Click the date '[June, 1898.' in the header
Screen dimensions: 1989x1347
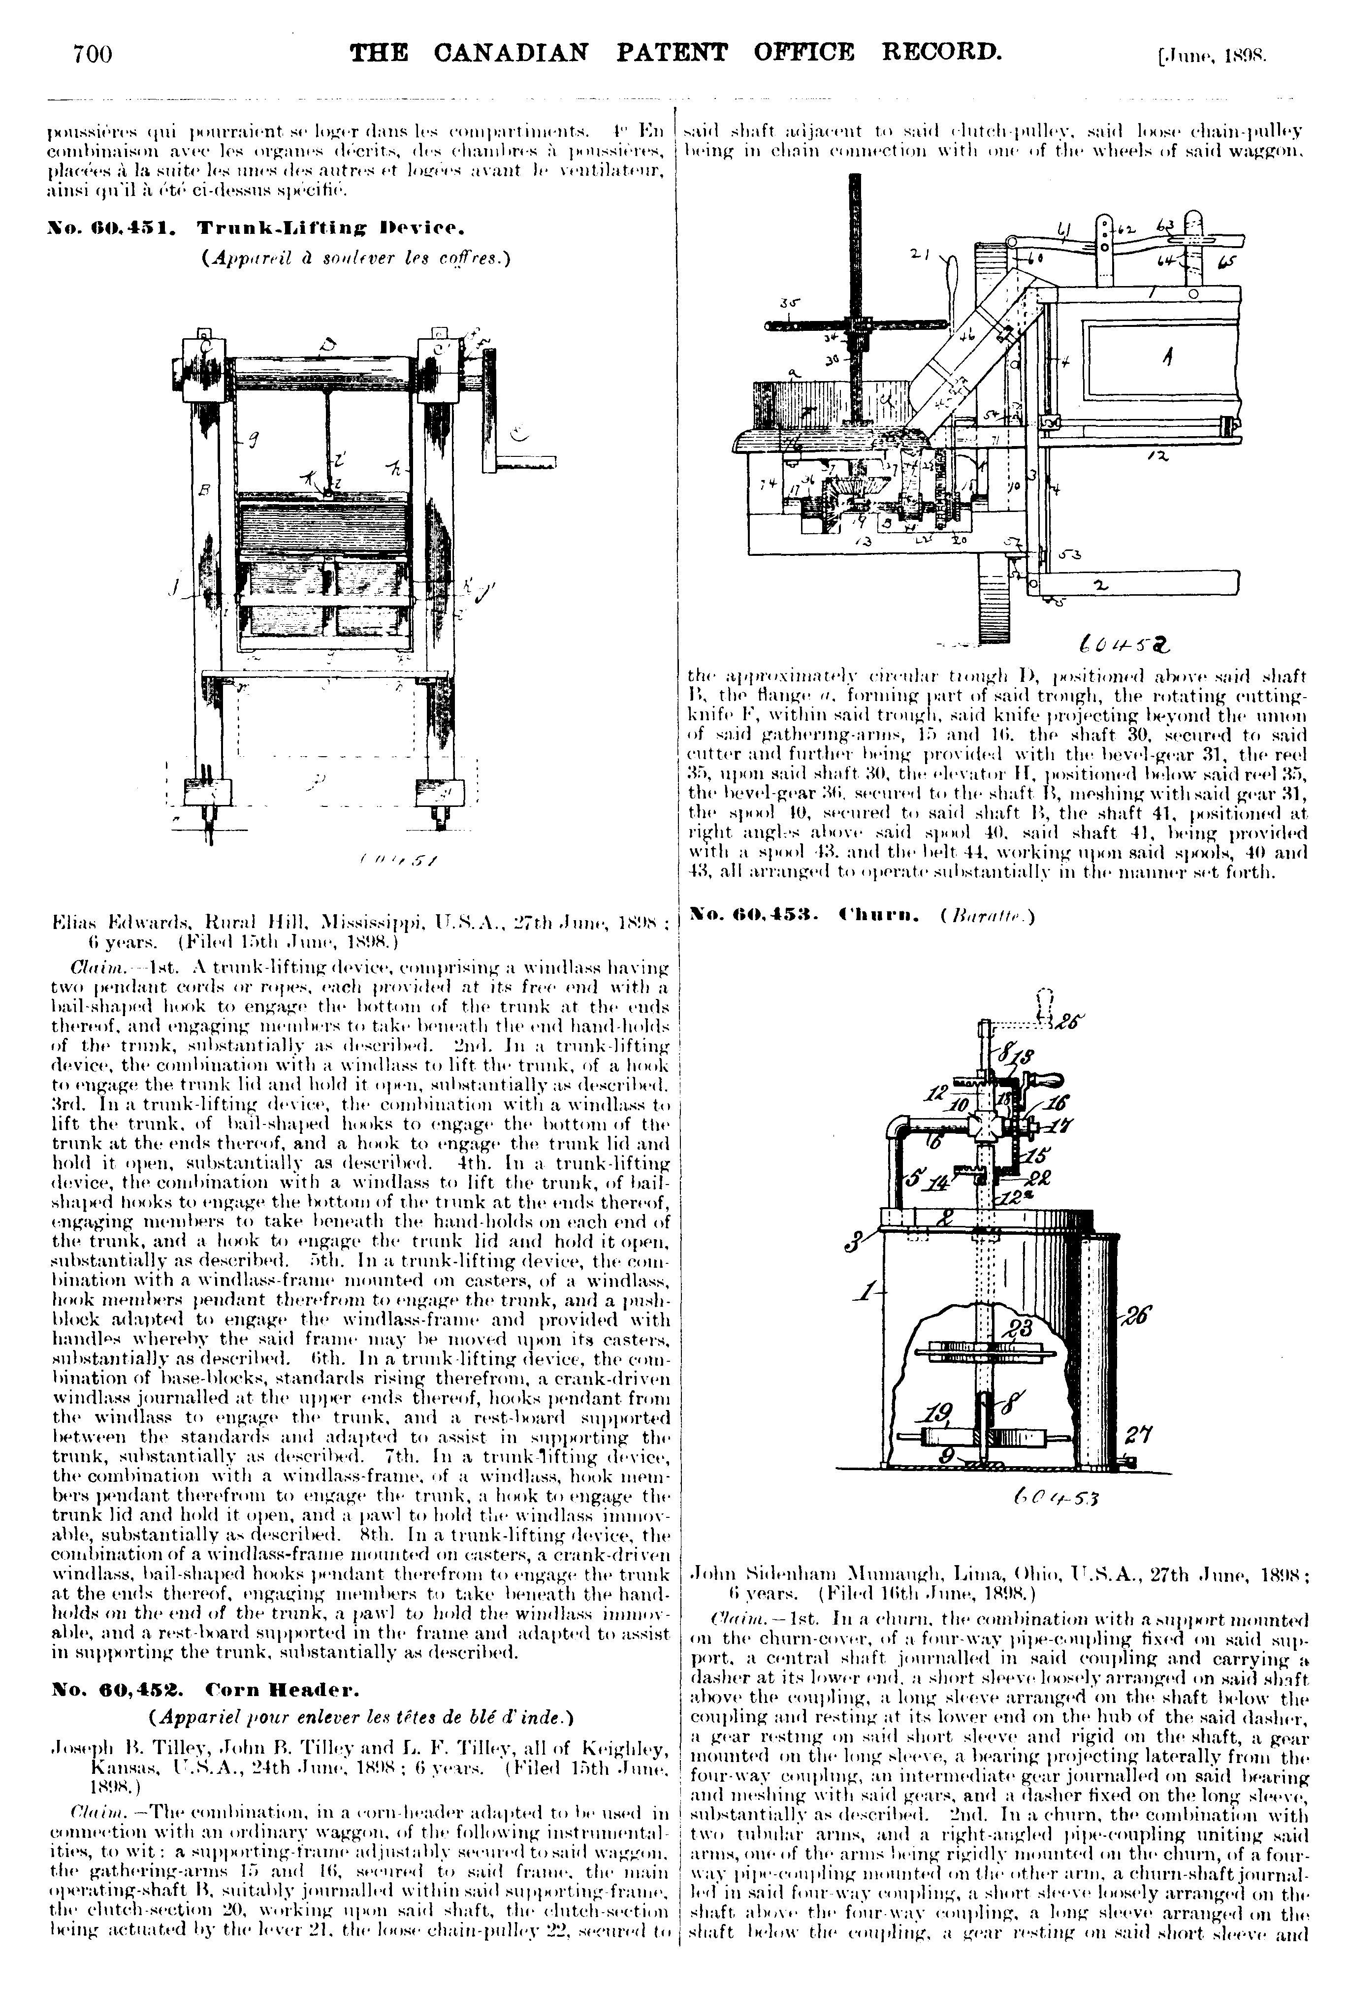point(1210,57)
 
